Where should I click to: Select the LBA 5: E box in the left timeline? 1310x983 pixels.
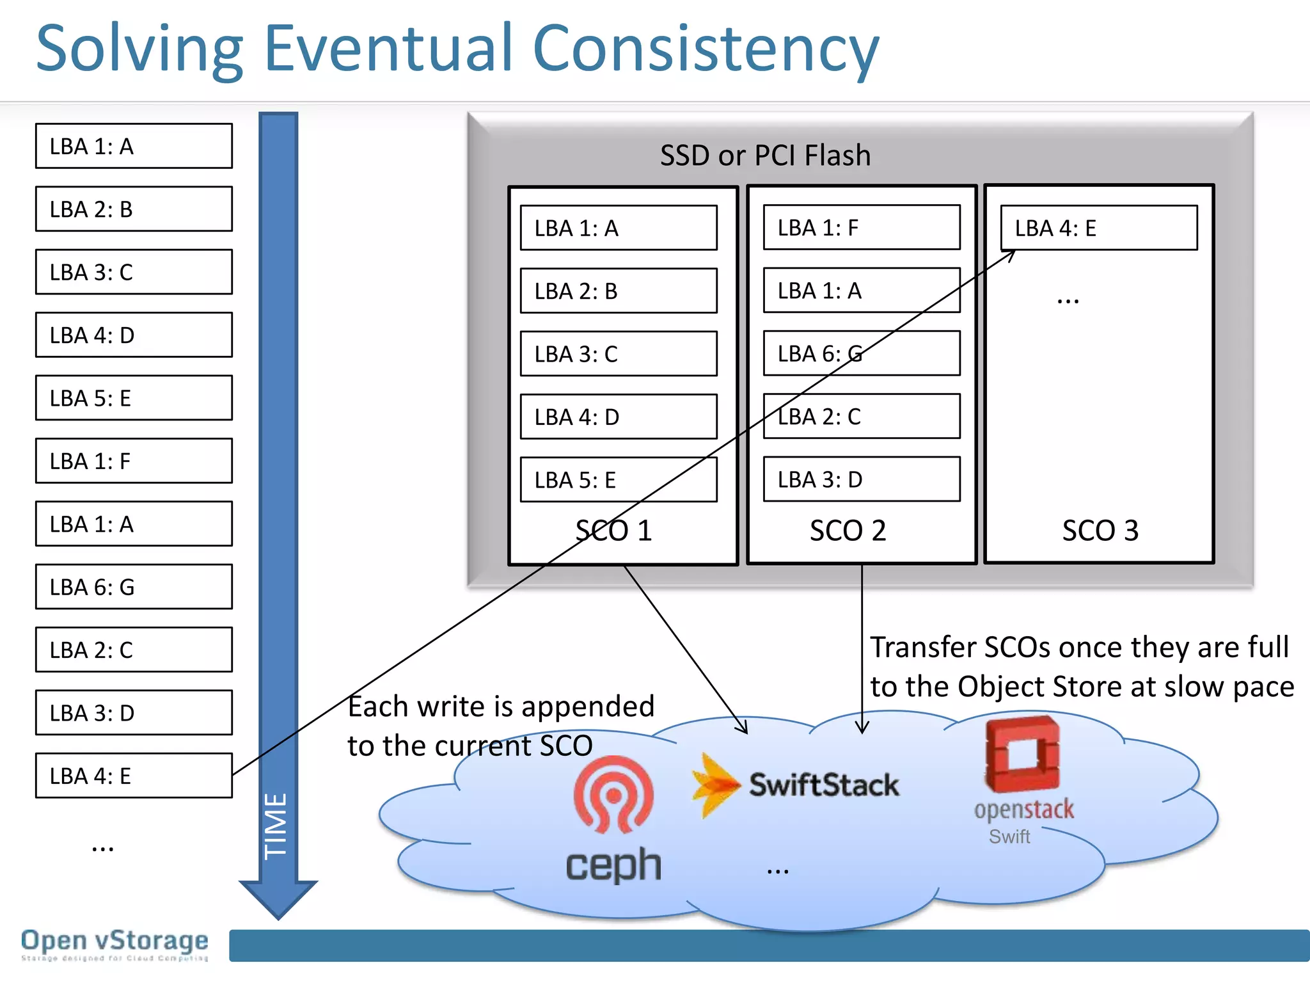tap(134, 398)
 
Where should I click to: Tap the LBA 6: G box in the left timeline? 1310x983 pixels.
tap(134, 587)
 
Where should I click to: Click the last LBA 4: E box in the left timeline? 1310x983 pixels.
tap(134, 776)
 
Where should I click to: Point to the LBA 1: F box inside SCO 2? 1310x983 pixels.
tap(861, 228)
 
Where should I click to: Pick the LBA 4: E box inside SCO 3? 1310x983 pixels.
tap(1098, 228)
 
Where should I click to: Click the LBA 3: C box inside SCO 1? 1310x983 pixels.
tap(618, 354)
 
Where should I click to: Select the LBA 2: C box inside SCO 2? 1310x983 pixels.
tap(861, 417)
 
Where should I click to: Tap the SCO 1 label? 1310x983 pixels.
tap(613, 531)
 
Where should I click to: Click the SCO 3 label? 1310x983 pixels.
tap(1100, 531)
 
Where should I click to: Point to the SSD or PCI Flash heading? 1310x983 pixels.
tap(765, 156)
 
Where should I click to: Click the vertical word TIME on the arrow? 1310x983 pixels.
tap(277, 826)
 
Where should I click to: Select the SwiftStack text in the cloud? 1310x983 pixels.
tap(824, 785)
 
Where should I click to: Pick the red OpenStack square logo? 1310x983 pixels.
tap(1022, 755)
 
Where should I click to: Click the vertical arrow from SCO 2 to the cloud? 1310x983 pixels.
tap(862, 646)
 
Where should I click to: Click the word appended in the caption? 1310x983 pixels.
tap(588, 707)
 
